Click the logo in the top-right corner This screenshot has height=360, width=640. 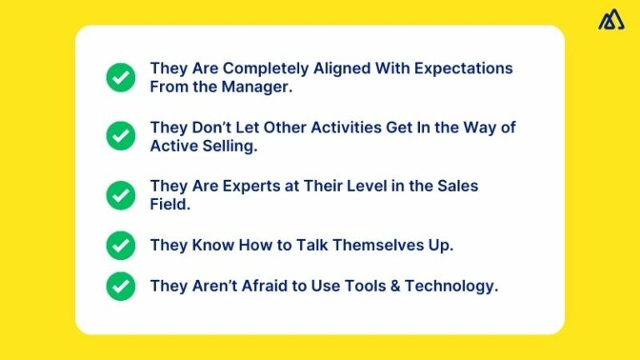coord(611,20)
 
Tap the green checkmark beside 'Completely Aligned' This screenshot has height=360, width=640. coord(121,77)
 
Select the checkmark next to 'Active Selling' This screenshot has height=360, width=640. coord(121,136)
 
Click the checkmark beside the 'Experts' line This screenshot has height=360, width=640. coord(121,194)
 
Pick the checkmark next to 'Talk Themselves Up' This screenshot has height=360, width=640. coord(121,245)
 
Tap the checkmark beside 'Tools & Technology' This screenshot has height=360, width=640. coord(121,286)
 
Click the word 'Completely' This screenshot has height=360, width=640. coord(255,68)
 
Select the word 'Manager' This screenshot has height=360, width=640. coord(255,87)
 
